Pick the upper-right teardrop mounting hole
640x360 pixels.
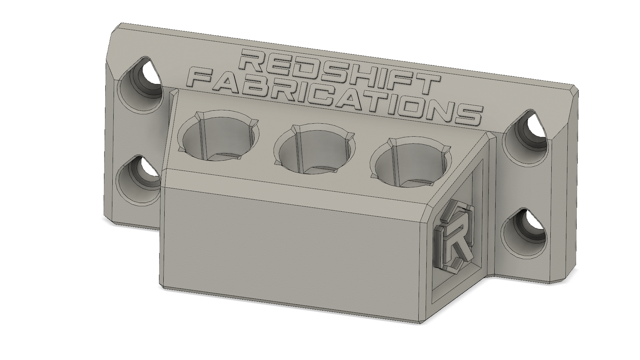[x=524, y=137]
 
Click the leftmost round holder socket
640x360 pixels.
[x=218, y=136]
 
